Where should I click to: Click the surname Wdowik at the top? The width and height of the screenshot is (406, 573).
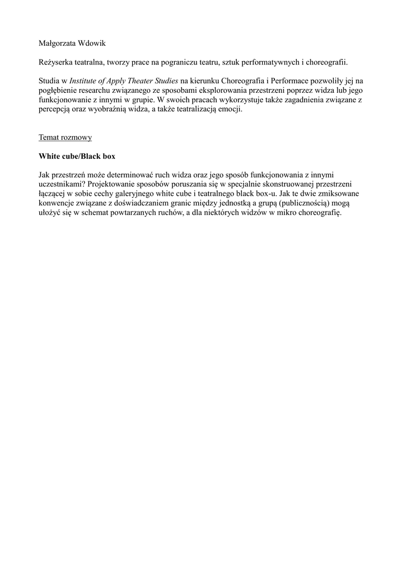[102, 43]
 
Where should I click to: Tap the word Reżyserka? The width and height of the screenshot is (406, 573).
[56, 63]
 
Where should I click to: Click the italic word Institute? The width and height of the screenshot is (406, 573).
[86, 82]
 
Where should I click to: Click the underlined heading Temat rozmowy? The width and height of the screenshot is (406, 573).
[65, 137]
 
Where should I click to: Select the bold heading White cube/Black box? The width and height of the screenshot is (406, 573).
[77, 156]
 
